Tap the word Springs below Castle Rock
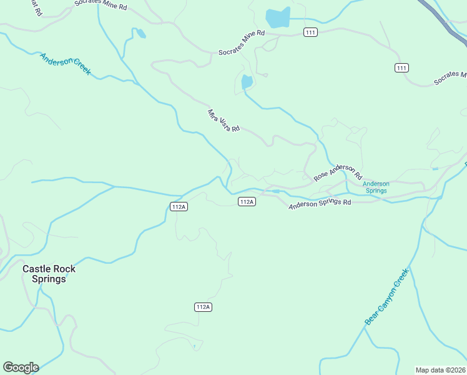pyautogui.click(x=49, y=279)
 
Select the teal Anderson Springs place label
pyautogui.click(x=376, y=187)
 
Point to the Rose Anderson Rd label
pyautogui.click(x=338, y=173)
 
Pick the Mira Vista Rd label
pyautogui.click(x=224, y=121)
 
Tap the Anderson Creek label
pyautogui.click(x=65, y=64)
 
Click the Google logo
pyautogui.click(x=21, y=367)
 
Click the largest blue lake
pyautogui.click(x=278, y=18)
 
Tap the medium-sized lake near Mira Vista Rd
pyautogui.click(x=247, y=82)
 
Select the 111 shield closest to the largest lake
pyautogui.click(x=310, y=32)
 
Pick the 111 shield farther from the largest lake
pyautogui.click(x=401, y=67)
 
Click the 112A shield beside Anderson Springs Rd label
pyautogui.click(x=247, y=201)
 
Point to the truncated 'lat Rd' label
pyautogui.click(x=36, y=7)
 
